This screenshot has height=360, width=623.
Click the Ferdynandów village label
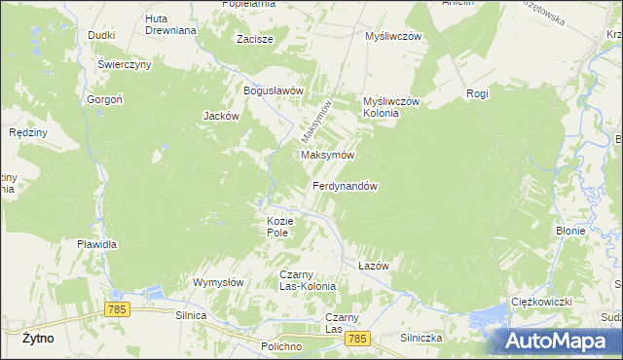coord(345,186)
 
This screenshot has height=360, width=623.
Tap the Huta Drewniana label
coord(170,24)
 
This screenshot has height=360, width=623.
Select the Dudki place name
coord(101,35)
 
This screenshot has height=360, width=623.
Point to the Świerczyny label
coord(124,64)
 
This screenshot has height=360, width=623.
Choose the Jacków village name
coord(221,116)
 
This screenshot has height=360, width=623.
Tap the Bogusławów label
coord(275,90)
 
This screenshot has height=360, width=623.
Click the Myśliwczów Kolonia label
coord(390,107)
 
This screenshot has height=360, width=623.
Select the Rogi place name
coord(477,93)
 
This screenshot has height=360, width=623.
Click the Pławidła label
coord(97,244)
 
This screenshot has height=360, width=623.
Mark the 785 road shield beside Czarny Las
coord(358,338)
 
